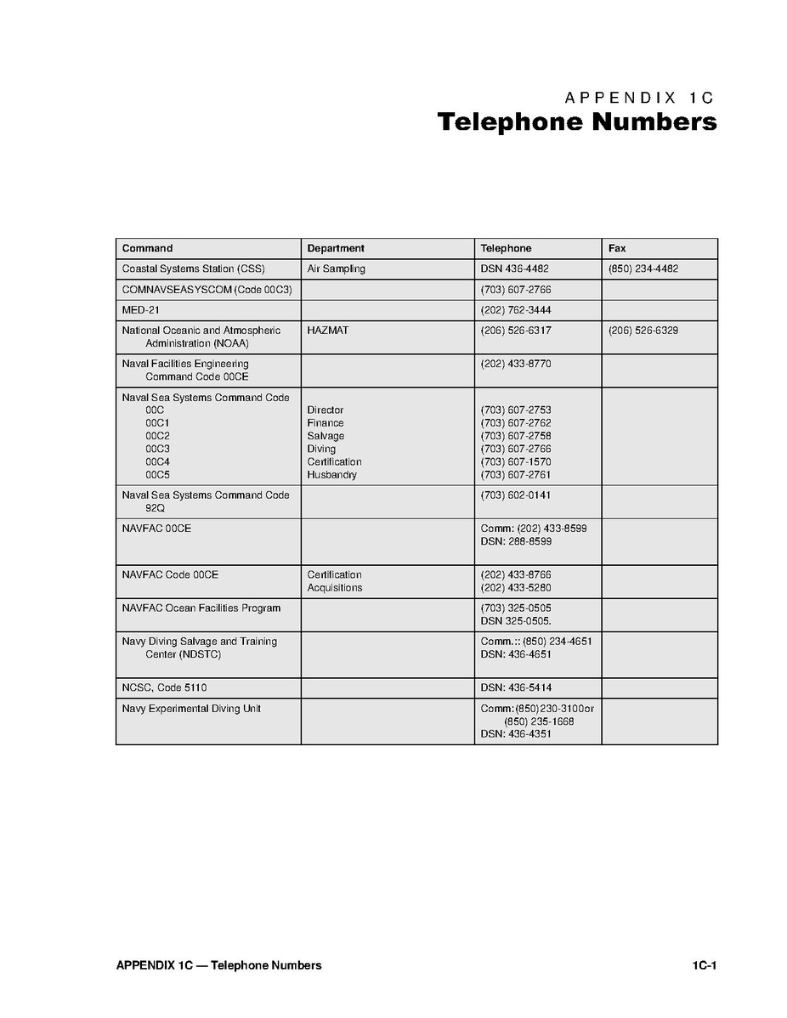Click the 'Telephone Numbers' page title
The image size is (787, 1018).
(x=576, y=122)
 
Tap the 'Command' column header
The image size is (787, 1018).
(x=147, y=248)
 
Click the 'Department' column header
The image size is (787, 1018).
(x=336, y=248)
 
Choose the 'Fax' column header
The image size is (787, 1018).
(x=617, y=248)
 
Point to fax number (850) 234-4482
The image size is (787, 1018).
(x=643, y=269)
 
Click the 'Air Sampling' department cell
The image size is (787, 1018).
(x=336, y=269)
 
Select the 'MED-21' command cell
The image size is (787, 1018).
(x=140, y=310)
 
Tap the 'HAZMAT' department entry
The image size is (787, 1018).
(x=327, y=331)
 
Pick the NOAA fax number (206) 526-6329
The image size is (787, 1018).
(x=643, y=331)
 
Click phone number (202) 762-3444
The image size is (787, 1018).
(x=515, y=310)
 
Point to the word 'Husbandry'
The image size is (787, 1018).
(x=331, y=475)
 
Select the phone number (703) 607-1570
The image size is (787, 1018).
(x=515, y=462)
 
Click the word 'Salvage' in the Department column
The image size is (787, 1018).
(x=326, y=436)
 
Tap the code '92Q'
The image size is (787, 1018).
(x=155, y=508)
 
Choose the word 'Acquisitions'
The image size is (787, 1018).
(x=334, y=588)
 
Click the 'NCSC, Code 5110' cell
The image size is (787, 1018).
(x=164, y=687)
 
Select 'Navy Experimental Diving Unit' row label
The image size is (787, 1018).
(x=191, y=709)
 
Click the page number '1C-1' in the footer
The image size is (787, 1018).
(x=705, y=965)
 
